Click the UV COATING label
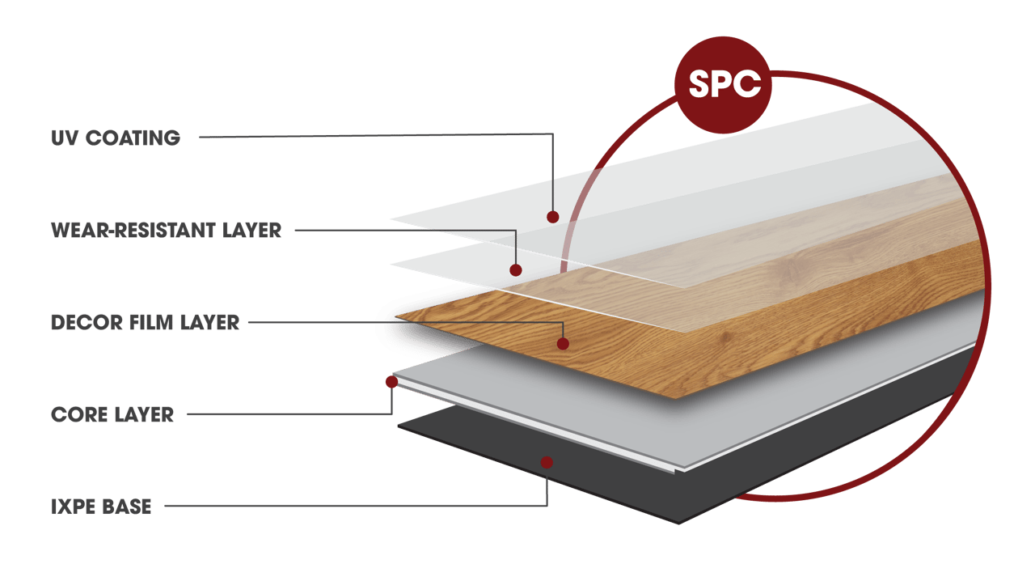(x=115, y=138)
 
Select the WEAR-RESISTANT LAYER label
(x=166, y=231)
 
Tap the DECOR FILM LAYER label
(x=145, y=322)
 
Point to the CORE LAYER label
(x=112, y=415)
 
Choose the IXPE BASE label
(x=100, y=507)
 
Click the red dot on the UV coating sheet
(x=553, y=217)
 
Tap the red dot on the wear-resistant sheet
(x=516, y=270)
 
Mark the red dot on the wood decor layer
(x=563, y=344)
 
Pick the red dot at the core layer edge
(x=391, y=381)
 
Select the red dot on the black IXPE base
(x=547, y=462)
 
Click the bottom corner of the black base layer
(x=679, y=522)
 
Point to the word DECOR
(x=79, y=322)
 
